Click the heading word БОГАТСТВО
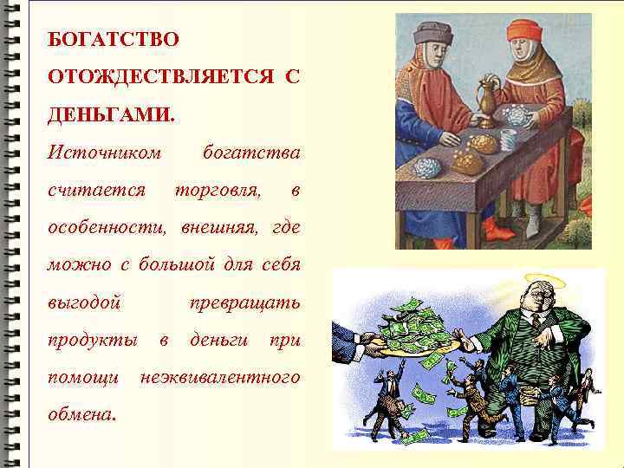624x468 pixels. [x=114, y=40]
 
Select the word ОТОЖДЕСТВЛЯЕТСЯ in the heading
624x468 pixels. [x=153, y=77]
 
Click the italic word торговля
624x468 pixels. [x=217, y=190]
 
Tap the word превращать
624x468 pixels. [x=244, y=302]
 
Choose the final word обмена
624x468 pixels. [x=81, y=414]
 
